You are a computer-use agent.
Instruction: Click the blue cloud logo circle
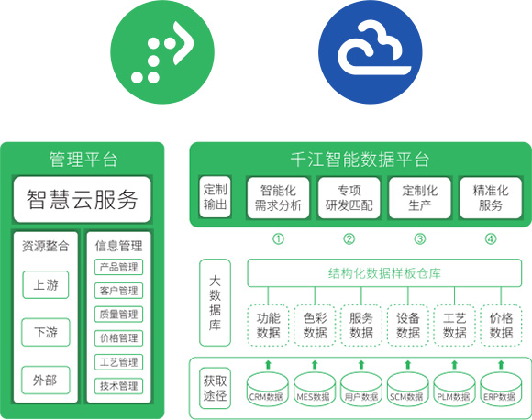coord(371,52)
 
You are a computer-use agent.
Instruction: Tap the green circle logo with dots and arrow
coord(162,52)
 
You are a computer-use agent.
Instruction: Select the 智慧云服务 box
coord(83,200)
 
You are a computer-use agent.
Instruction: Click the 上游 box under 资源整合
coord(46,284)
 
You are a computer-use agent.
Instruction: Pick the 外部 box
coord(46,381)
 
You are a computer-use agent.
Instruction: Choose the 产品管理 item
coord(118,267)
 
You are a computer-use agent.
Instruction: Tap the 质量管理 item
coord(118,315)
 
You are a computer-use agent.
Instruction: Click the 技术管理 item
coord(118,386)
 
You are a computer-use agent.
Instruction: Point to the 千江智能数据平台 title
coord(360,160)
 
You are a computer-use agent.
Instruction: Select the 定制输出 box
coord(216,197)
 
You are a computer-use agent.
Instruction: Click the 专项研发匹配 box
coord(349,198)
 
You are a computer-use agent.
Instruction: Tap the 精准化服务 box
coord(491,198)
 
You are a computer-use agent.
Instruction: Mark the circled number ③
coord(420,239)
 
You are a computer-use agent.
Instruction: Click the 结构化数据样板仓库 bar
coord(384,273)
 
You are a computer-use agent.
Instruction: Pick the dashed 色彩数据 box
coord(315,326)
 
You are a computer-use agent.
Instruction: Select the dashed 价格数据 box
coord(501,326)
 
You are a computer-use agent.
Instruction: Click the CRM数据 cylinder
coord(268,389)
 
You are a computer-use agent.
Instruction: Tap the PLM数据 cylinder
coord(454,389)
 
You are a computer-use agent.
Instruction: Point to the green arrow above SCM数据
coord(408,365)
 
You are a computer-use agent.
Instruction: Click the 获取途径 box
coord(216,388)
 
